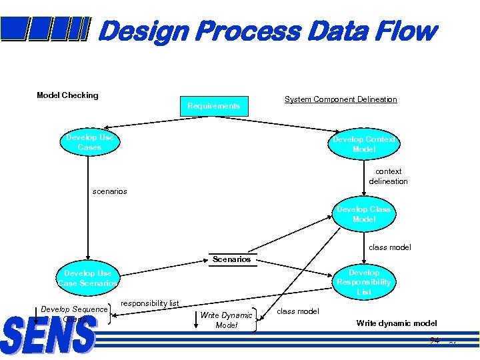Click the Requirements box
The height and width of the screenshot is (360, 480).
[214, 106]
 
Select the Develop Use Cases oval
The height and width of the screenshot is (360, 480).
[89, 143]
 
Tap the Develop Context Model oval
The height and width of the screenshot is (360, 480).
[363, 144]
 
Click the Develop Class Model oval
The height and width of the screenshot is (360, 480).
[364, 215]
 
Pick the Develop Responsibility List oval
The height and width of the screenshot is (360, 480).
[364, 282]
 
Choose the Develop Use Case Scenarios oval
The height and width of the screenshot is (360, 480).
[88, 278]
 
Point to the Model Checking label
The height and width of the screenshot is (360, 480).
[67, 95]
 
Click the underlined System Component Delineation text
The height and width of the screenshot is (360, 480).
[341, 99]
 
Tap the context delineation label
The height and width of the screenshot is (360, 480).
[388, 176]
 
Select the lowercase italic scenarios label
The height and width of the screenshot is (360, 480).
[109, 191]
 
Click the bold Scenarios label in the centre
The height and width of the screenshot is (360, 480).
[231, 259]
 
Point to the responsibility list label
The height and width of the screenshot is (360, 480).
[150, 303]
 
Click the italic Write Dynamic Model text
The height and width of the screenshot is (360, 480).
[227, 320]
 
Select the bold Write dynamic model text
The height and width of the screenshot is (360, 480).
[397, 323]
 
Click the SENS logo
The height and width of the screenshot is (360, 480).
[49, 335]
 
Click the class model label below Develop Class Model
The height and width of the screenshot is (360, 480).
[390, 247]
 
